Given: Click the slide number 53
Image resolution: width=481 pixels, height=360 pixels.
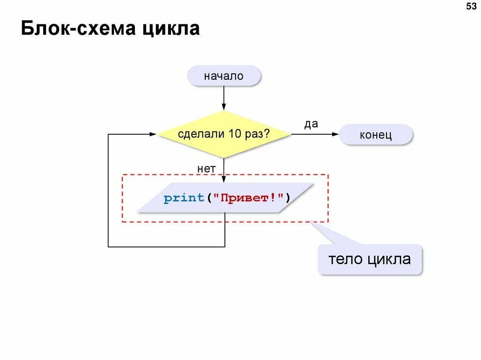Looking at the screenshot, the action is tap(471, 7).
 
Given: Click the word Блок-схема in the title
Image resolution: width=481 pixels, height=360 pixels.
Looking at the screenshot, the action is tap(78, 29).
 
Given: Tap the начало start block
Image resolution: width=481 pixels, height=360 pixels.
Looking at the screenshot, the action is tap(224, 76).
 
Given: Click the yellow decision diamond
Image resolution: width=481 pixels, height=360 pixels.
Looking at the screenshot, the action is tap(224, 134).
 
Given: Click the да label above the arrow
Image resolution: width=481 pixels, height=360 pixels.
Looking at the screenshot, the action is tap(311, 124).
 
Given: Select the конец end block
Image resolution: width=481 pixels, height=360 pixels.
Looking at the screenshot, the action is tap(376, 135).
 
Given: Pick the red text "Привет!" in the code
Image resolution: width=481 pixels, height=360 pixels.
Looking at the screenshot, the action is tap(249, 198).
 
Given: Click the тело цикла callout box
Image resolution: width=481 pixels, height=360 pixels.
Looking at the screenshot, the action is tap(370, 259).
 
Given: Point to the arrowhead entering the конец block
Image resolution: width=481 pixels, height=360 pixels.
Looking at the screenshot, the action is tap(335, 134).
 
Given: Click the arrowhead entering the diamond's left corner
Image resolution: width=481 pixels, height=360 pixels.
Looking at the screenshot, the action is tap(153, 134).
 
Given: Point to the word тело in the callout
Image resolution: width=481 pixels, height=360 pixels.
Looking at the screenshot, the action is tap(346, 259).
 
